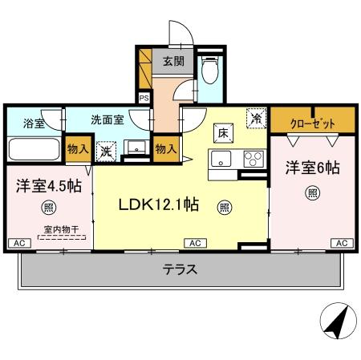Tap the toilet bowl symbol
tap(209, 74)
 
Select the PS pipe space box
tap(144, 98)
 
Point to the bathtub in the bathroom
tap(33, 150)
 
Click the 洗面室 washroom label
tap(107, 119)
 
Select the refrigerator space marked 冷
tap(256, 117)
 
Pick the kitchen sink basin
tap(221, 157)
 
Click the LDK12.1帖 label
tap(159, 204)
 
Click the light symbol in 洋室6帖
tap(311, 193)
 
